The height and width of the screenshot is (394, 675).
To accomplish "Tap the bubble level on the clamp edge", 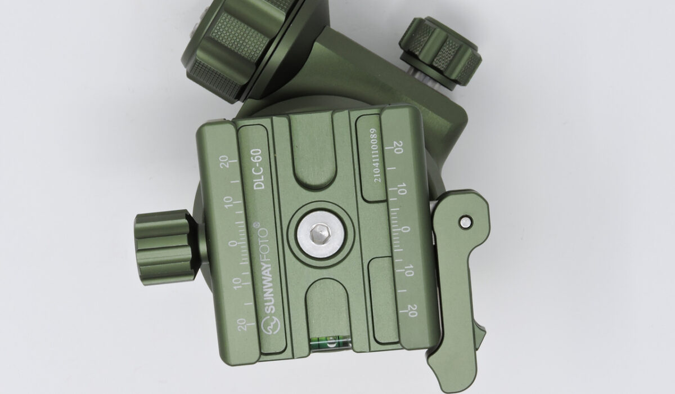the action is [x=330, y=344].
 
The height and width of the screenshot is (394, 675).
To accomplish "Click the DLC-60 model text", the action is [x=258, y=169].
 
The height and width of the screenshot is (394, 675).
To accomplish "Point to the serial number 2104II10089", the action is [x=376, y=155].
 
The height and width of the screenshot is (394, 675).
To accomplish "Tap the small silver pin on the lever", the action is [x=466, y=222].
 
